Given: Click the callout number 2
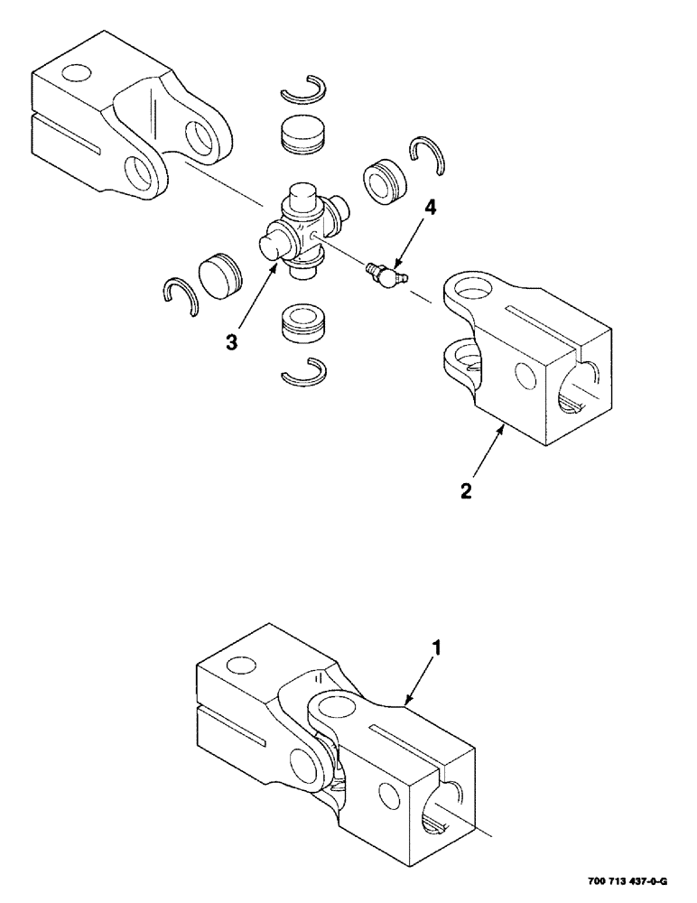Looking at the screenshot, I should (x=465, y=490).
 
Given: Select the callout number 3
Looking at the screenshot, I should (x=232, y=342).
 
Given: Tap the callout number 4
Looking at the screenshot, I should (x=431, y=208).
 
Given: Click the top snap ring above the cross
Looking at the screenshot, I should (x=302, y=90).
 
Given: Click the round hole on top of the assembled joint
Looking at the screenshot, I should (x=240, y=666).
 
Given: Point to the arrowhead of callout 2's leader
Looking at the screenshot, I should (x=503, y=432).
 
